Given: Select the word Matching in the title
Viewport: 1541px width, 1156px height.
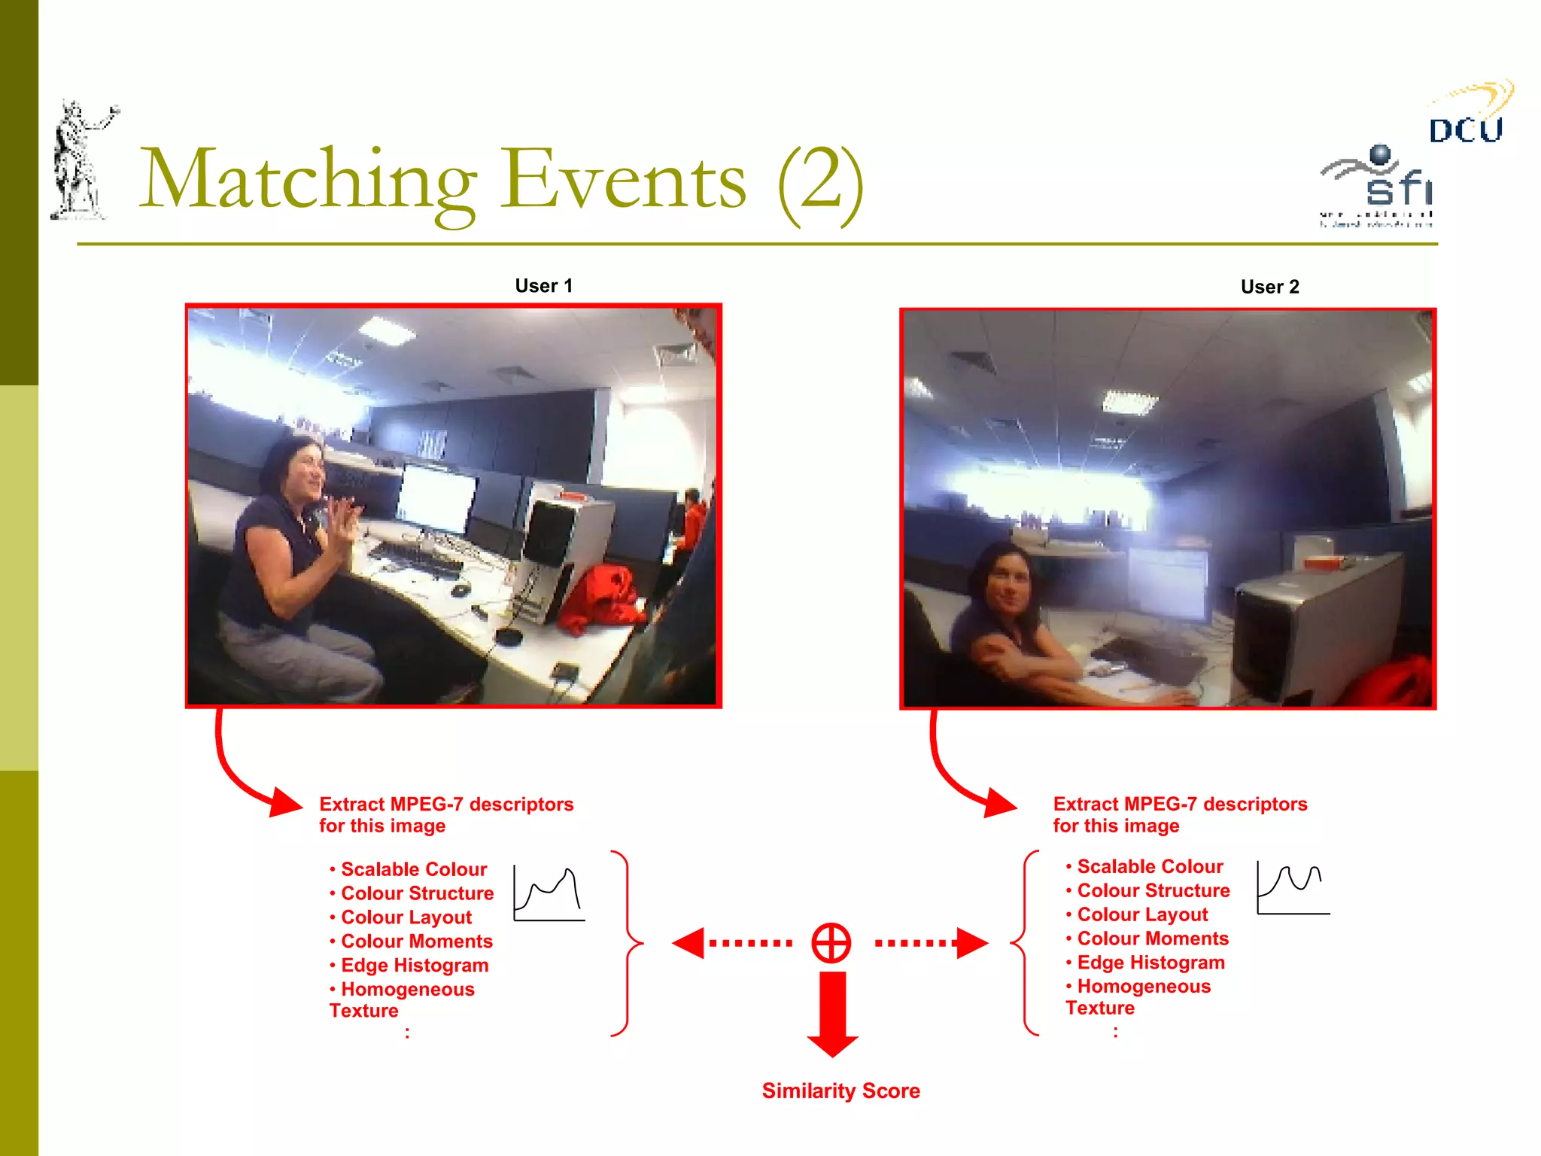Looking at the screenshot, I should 309,181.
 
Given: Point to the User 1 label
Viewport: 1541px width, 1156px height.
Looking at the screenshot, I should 543,286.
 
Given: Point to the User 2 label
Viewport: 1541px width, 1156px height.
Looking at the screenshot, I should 1269,287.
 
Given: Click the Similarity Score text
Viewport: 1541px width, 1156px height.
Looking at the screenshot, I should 840,1091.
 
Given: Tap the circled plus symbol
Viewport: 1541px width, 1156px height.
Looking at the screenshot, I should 831,942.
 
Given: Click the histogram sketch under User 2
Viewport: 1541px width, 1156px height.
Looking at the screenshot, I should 1293,889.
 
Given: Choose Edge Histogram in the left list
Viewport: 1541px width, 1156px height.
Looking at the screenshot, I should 414,966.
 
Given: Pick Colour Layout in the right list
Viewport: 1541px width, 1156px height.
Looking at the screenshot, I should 1141,914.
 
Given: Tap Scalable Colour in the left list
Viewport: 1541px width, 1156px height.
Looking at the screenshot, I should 413,869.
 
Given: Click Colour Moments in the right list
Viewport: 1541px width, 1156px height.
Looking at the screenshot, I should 1152,938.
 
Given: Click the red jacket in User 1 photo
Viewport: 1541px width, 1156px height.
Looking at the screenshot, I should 602,598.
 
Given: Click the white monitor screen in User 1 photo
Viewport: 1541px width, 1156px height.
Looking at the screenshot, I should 436,497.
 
